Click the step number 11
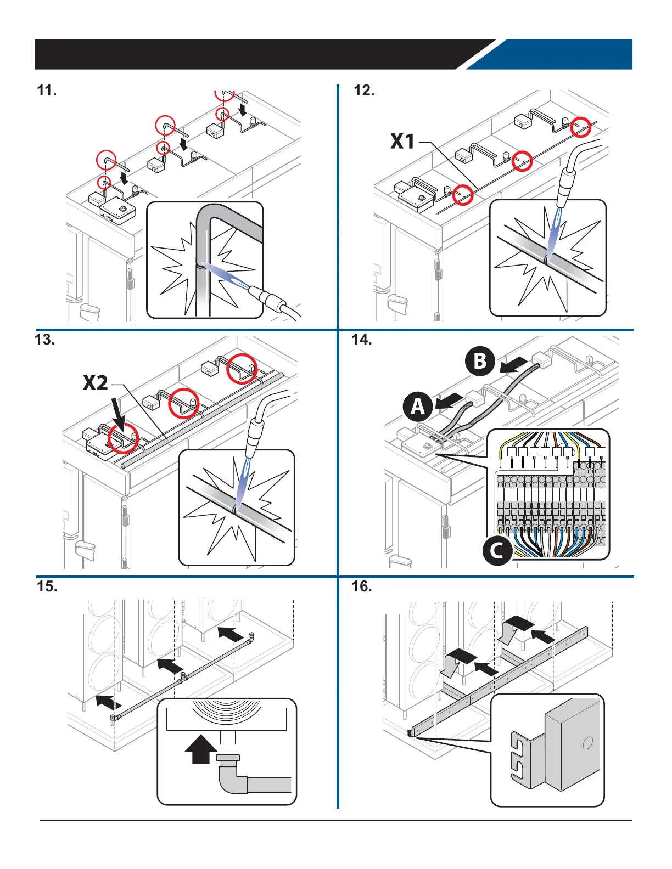point(47,91)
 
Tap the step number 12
point(364,91)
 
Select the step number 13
point(45,340)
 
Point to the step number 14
point(362,340)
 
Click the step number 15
point(47,586)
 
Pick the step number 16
point(362,586)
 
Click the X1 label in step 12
point(403,142)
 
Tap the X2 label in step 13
point(96,383)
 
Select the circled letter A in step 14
point(418,407)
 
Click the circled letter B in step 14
point(480,361)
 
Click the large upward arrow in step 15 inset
point(201,749)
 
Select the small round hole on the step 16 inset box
point(587,743)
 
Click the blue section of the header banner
point(555,54)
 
